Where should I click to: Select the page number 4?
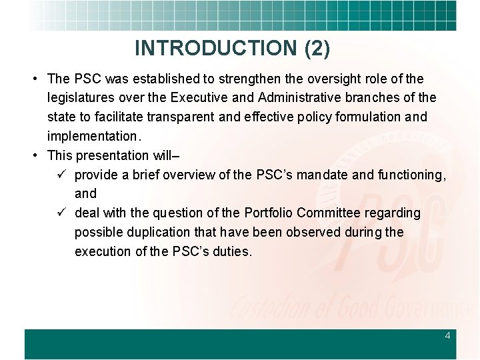(447, 336)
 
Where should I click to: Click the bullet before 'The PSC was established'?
(34, 79)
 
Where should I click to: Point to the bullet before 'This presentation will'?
(34, 155)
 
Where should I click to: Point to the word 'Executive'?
(199, 98)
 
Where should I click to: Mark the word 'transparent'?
(177, 117)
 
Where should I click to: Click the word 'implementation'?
(91, 136)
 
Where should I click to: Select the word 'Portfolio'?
(269, 213)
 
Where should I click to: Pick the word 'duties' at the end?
(231, 251)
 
